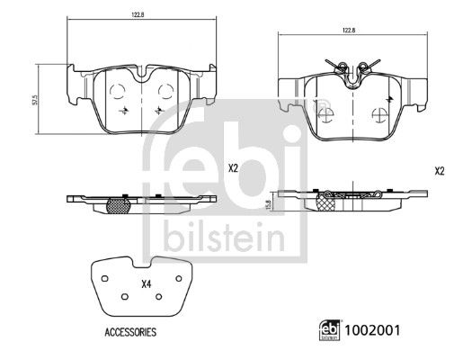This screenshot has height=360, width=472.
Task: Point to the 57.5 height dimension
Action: [x=35, y=100]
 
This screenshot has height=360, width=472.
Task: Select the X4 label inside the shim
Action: [x=146, y=284]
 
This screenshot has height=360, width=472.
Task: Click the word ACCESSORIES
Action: [x=130, y=332]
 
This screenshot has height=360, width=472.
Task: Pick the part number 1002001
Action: [x=372, y=330]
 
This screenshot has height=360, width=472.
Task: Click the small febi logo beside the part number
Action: [x=330, y=330]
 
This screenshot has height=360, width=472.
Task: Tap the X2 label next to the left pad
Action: [x=233, y=168]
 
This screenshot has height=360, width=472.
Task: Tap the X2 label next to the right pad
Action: [x=440, y=171]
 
